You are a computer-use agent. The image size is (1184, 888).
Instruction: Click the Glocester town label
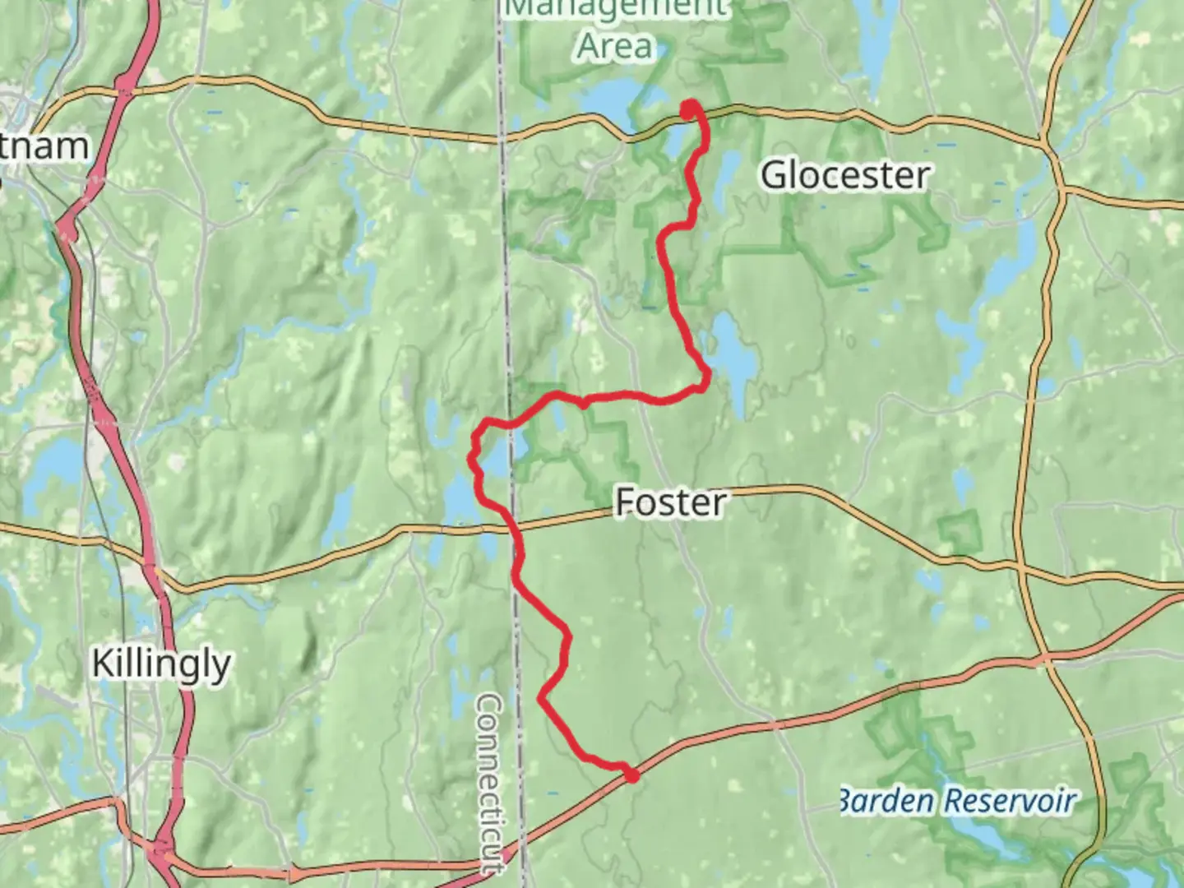[845, 175]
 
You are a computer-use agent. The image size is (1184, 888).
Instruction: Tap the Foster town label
[670, 502]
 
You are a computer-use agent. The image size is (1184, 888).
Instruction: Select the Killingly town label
[161, 664]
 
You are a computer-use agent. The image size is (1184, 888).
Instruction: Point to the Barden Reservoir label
[956, 800]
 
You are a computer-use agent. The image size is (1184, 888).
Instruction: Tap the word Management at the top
[615, 8]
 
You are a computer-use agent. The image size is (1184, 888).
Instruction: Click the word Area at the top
[615, 46]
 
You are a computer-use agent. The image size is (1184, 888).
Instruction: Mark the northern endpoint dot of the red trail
[689, 106]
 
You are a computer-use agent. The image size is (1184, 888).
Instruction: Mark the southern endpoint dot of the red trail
[631, 775]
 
